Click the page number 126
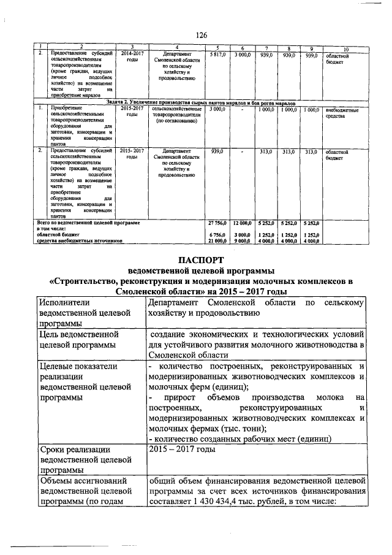point(202,36)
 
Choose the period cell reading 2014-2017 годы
point(132,58)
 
